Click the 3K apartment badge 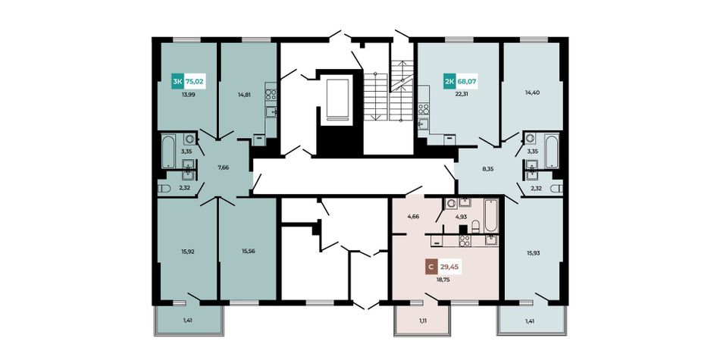coord(177,82)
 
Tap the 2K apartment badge coord(449,82)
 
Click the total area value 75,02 coord(194,83)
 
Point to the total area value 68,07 coord(466,83)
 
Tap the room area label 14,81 coord(244,95)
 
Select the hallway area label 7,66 coord(223,168)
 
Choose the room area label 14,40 coord(532,92)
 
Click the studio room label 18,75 coord(443,278)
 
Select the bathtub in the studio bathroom coord(491,216)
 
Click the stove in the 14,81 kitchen coord(271,95)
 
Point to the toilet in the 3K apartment coord(164,188)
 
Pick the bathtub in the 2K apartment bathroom coord(552,151)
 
